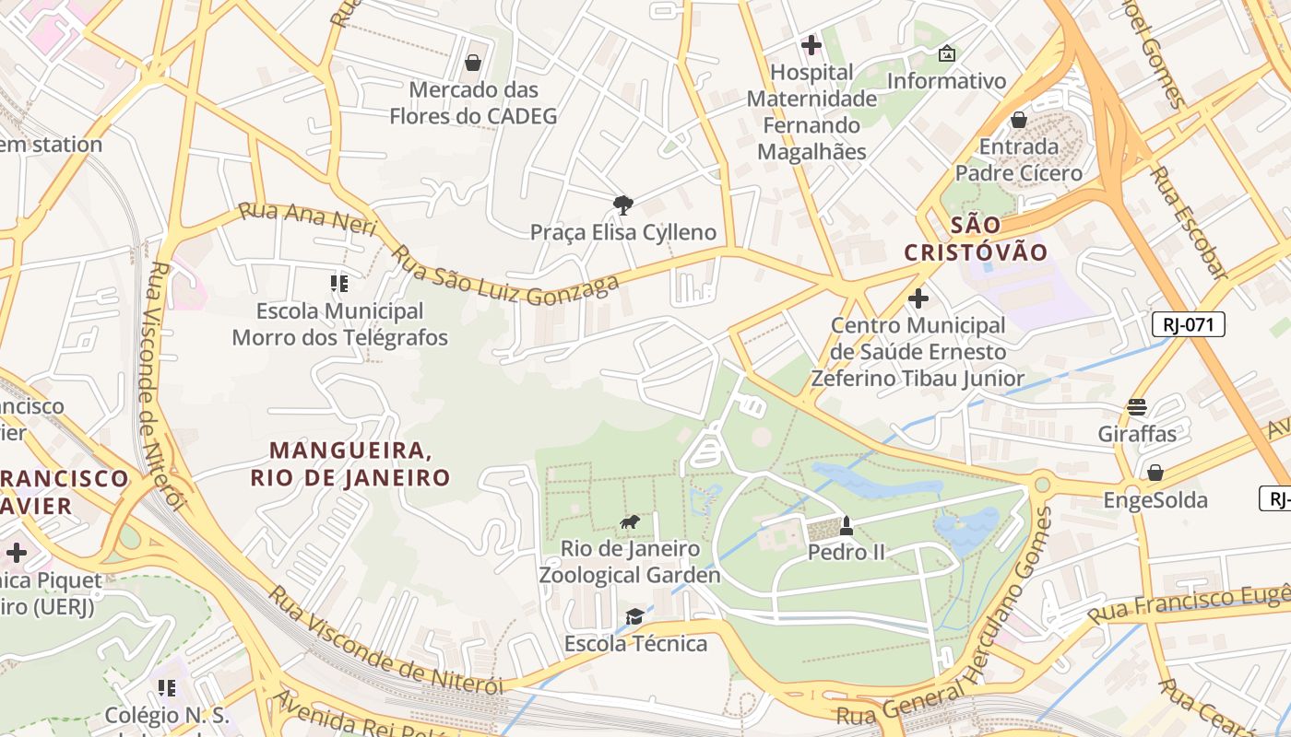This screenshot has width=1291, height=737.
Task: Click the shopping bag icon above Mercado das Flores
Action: tap(473, 63)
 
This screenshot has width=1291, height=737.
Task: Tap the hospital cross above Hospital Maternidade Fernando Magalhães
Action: tap(811, 44)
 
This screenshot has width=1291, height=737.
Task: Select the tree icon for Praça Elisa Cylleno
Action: tap(623, 205)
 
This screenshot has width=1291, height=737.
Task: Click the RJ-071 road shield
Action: tap(1188, 324)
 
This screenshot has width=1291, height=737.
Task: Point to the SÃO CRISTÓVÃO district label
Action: tap(976, 239)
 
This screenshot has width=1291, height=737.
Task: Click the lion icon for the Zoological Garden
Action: tap(630, 523)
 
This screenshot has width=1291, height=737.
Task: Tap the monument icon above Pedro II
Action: tap(847, 525)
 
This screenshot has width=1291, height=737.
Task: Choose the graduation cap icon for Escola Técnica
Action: tap(634, 616)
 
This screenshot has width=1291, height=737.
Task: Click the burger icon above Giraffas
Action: tap(1136, 407)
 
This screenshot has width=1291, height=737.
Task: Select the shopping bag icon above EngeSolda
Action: tap(1155, 473)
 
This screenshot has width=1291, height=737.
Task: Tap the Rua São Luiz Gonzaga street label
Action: tap(505, 275)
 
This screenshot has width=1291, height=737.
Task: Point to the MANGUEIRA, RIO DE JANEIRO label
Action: tap(349, 463)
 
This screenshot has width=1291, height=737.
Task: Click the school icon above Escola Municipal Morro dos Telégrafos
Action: tap(339, 284)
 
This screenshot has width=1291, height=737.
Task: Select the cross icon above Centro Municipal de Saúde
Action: tap(918, 298)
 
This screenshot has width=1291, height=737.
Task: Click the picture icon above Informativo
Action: tap(946, 54)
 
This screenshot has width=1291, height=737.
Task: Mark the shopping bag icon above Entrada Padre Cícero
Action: tap(1019, 120)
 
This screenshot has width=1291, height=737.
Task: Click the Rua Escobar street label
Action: tap(1190, 222)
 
